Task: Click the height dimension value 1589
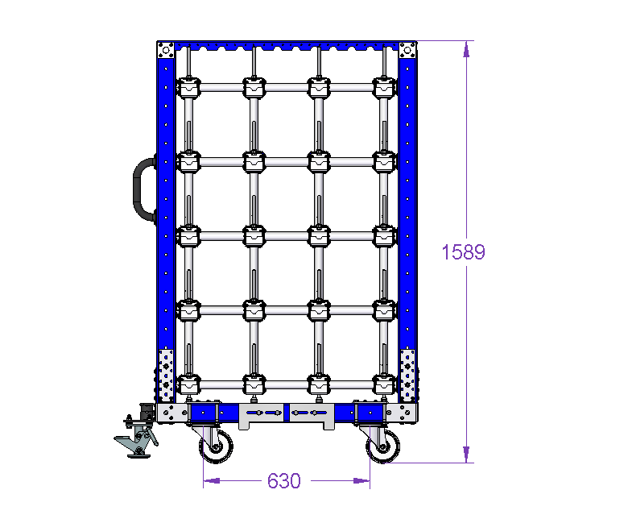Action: [463, 252]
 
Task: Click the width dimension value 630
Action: [284, 481]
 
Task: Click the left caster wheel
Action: [217, 446]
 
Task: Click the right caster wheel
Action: [383, 446]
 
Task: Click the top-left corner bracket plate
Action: [165, 51]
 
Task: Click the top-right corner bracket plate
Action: [407, 51]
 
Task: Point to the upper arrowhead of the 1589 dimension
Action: [466, 49]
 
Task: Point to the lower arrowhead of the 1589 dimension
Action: [466, 455]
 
